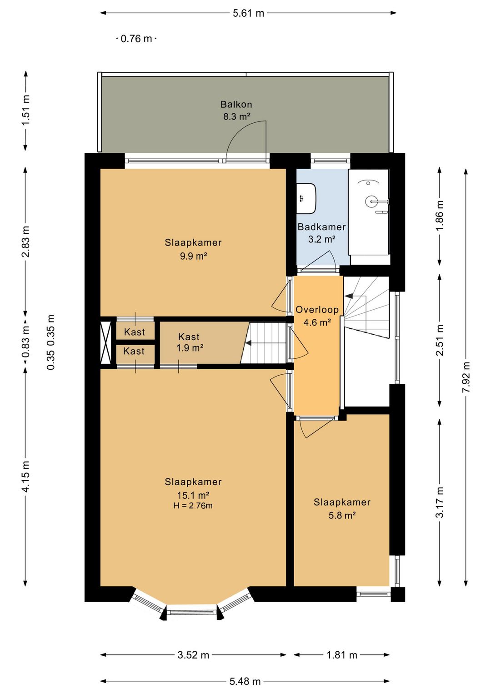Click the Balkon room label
coord(236,105)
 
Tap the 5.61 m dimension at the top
coord(248,13)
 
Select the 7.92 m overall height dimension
coord(466,377)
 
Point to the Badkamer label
coord(321,227)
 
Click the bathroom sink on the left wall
coord(306,198)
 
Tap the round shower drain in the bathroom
coord(371,201)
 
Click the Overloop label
coord(317,310)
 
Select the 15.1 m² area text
coord(193,494)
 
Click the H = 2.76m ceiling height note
coord(193,506)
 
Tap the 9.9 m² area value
coord(193,256)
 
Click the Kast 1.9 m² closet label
coord(189,342)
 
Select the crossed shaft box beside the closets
coord(105,342)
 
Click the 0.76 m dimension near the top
coord(136,39)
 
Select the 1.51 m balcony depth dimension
coord(25,111)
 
